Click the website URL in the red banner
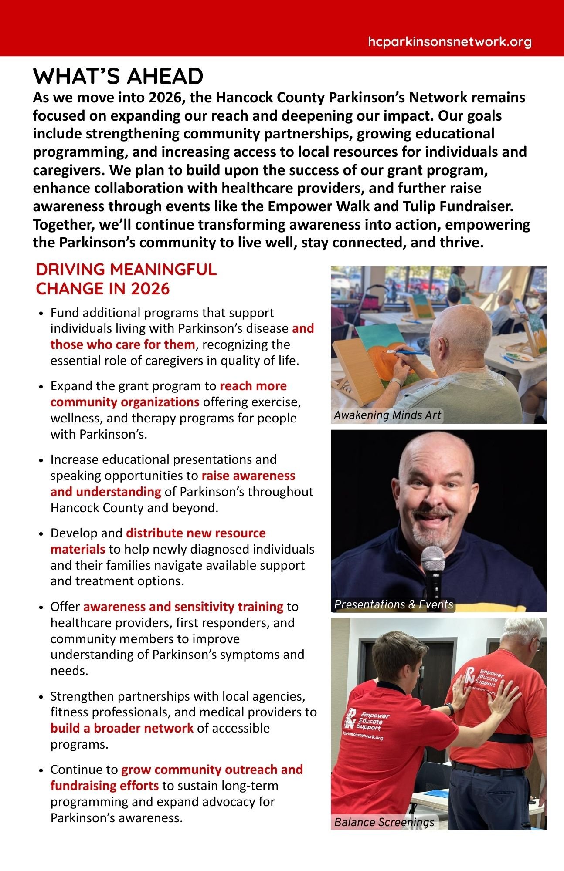coord(449,42)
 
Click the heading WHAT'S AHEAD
coord(118,76)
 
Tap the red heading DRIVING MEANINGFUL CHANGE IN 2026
coord(126,279)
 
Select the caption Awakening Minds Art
coord(387,415)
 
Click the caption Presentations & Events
coord(394,604)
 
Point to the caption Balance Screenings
coord(384,822)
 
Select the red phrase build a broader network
coord(122,728)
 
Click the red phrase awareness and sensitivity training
coord(183,606)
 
